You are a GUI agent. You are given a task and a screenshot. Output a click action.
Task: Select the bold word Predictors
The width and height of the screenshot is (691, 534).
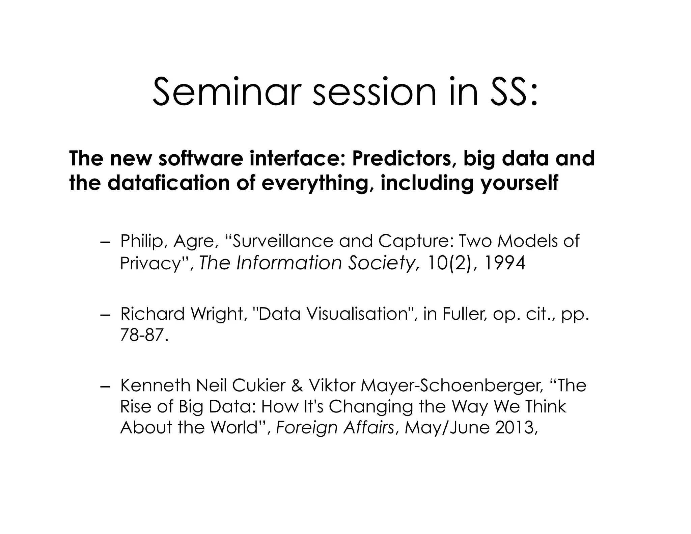pyautogui.click(x=402, y=159)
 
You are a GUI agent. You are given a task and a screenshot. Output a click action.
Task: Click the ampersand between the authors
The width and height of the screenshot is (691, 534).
pyautogui.click(x=297, y=385)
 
